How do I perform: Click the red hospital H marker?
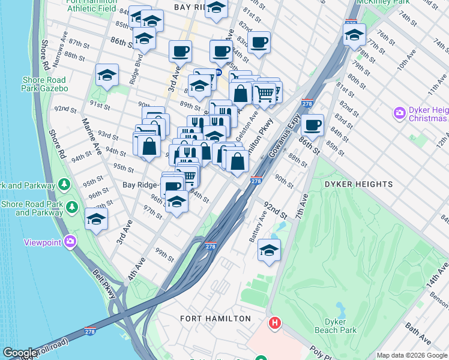pos(275,323)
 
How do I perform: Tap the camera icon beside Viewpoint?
pos(71,242)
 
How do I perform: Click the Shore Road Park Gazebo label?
pos(45,84)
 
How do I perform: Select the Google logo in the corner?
pos(20,353)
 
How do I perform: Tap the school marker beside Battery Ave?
pos(270,250)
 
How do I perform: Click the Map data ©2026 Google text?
pos(412,355)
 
